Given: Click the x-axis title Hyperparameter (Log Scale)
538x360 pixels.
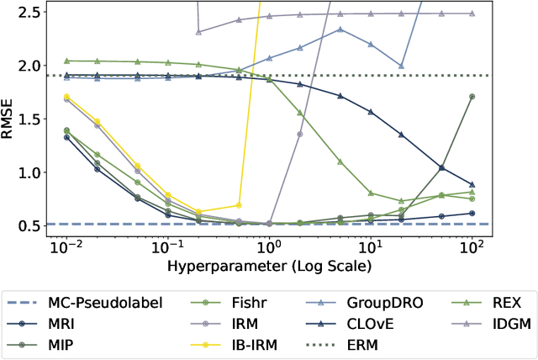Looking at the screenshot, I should (269, 263).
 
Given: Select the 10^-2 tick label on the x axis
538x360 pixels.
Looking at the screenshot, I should (66, 246).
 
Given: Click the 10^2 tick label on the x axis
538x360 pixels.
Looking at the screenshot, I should (472, 246).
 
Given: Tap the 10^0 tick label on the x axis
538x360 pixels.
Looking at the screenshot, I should (269, 246).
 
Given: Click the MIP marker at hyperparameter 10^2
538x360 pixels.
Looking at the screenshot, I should (472, 97).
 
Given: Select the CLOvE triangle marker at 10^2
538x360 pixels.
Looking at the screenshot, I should (472, 184).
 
